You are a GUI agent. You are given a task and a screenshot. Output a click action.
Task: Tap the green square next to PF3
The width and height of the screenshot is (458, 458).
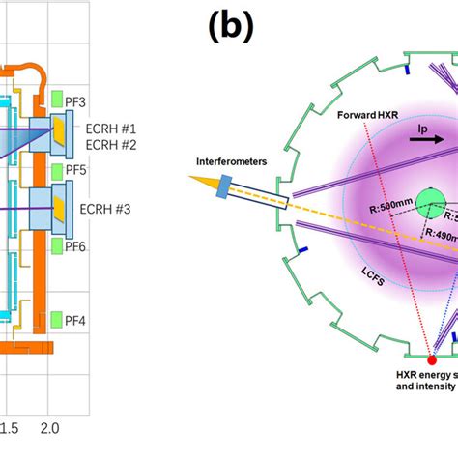pyautogui.click(x=57, y=100)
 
